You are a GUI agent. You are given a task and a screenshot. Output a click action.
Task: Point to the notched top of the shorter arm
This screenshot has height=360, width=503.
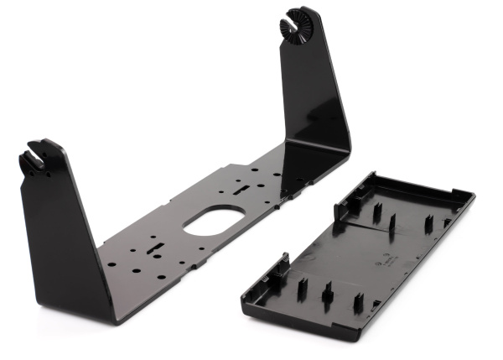click(38, 156)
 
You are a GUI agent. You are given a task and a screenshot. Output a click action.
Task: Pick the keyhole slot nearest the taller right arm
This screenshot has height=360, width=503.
click(241, 188)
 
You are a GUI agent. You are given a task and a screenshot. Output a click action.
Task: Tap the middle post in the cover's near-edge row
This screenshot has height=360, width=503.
click(328, 293)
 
